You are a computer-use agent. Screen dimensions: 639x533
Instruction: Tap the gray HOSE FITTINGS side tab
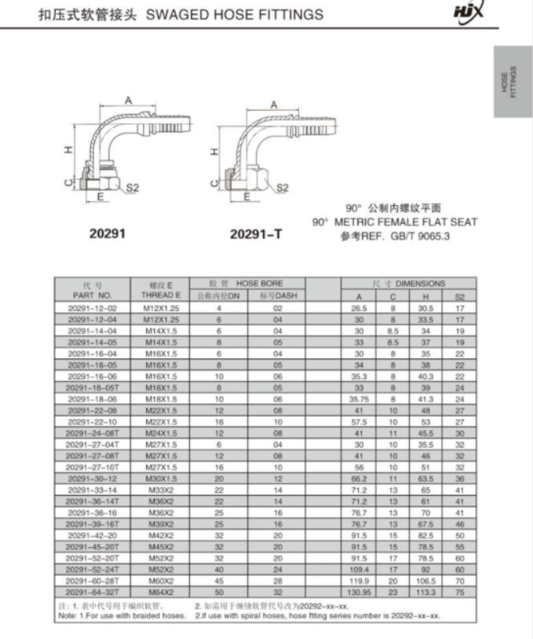tap(513, 82)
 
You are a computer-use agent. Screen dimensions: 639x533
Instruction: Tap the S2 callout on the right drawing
tap(283, 188)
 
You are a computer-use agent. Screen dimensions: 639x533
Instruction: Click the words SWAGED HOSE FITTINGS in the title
tap(234, 15)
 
